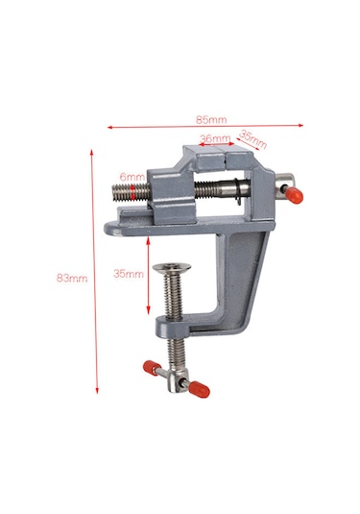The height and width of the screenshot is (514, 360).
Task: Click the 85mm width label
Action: point(211,120)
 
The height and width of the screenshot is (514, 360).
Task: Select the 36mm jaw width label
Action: point(213,138)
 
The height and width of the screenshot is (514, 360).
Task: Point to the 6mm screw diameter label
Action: point(132,178)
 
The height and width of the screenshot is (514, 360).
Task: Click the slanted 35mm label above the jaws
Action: point(252,139)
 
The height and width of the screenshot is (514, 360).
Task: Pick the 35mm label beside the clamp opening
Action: point(128,274)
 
